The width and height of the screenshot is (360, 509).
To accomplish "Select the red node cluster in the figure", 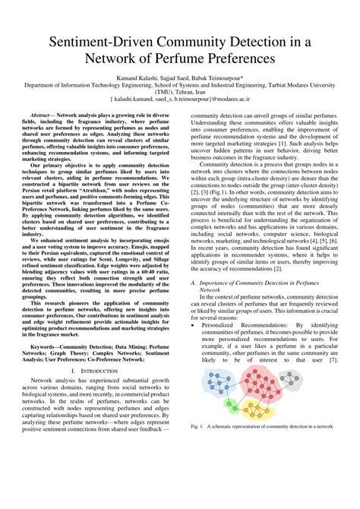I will tap(262, 388).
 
